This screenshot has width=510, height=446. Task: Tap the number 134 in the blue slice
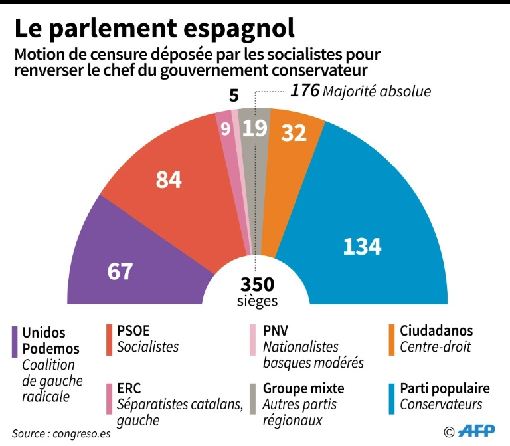[362, 246]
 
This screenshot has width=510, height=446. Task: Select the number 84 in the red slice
[169, 179]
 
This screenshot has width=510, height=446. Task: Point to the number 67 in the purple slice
[120, 271]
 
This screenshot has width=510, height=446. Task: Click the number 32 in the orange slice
[294, 134]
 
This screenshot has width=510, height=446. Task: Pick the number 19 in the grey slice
[254, 128]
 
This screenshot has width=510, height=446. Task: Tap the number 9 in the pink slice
[225, 128]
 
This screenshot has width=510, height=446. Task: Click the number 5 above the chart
[233, 96]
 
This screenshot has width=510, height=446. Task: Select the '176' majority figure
[305, 91]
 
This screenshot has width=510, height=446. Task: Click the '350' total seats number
[257, 284]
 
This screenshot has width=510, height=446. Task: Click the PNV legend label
[276, 331]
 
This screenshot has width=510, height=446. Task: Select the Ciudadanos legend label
[436, 331]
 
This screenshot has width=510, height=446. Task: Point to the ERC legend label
[128, 388]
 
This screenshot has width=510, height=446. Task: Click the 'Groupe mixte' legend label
[303, 388]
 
